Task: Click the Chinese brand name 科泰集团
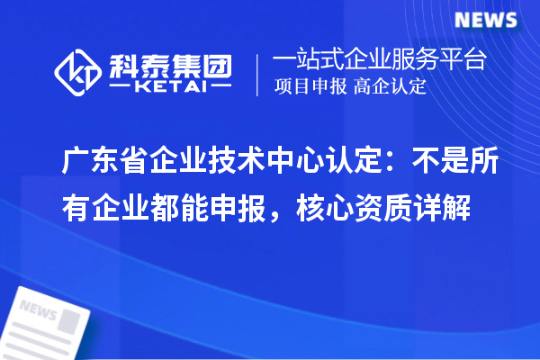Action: [x=170, y=63]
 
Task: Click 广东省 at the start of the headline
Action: [x=106, y=162]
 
